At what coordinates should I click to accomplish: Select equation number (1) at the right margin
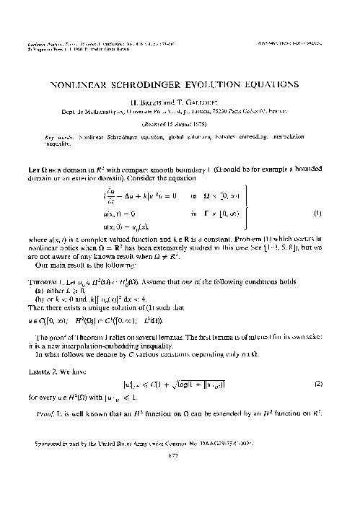317,213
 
